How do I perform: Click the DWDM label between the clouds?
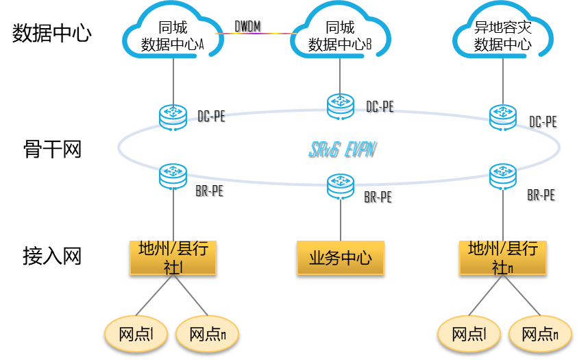click(x=247, y=27)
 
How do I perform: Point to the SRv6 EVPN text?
click(x=342, y=149)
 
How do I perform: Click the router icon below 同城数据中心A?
click(x=173, y=118)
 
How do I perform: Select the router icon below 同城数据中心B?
click(x=341, y=107)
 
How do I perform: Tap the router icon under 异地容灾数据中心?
click(x=503, y=118)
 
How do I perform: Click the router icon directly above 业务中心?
click(x=341, y=187)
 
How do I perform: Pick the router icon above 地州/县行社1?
click(x=173, y=176)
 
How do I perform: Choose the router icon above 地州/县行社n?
click(x=503, y=176)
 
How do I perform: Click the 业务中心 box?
click(x=341, y=258)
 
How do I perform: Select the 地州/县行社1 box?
click(x=173, y=258)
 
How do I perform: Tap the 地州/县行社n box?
click(x=503, y=258)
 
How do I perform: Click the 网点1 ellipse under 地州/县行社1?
click(x=136, y=334)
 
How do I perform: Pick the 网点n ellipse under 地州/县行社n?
click(x=540, y=334)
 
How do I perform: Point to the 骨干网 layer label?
click(x=52, y=149)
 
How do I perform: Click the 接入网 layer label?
click(x=52, y=256)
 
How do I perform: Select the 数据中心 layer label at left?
click(x=52, y=33)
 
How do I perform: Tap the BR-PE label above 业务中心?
click(x=378, y=197)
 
